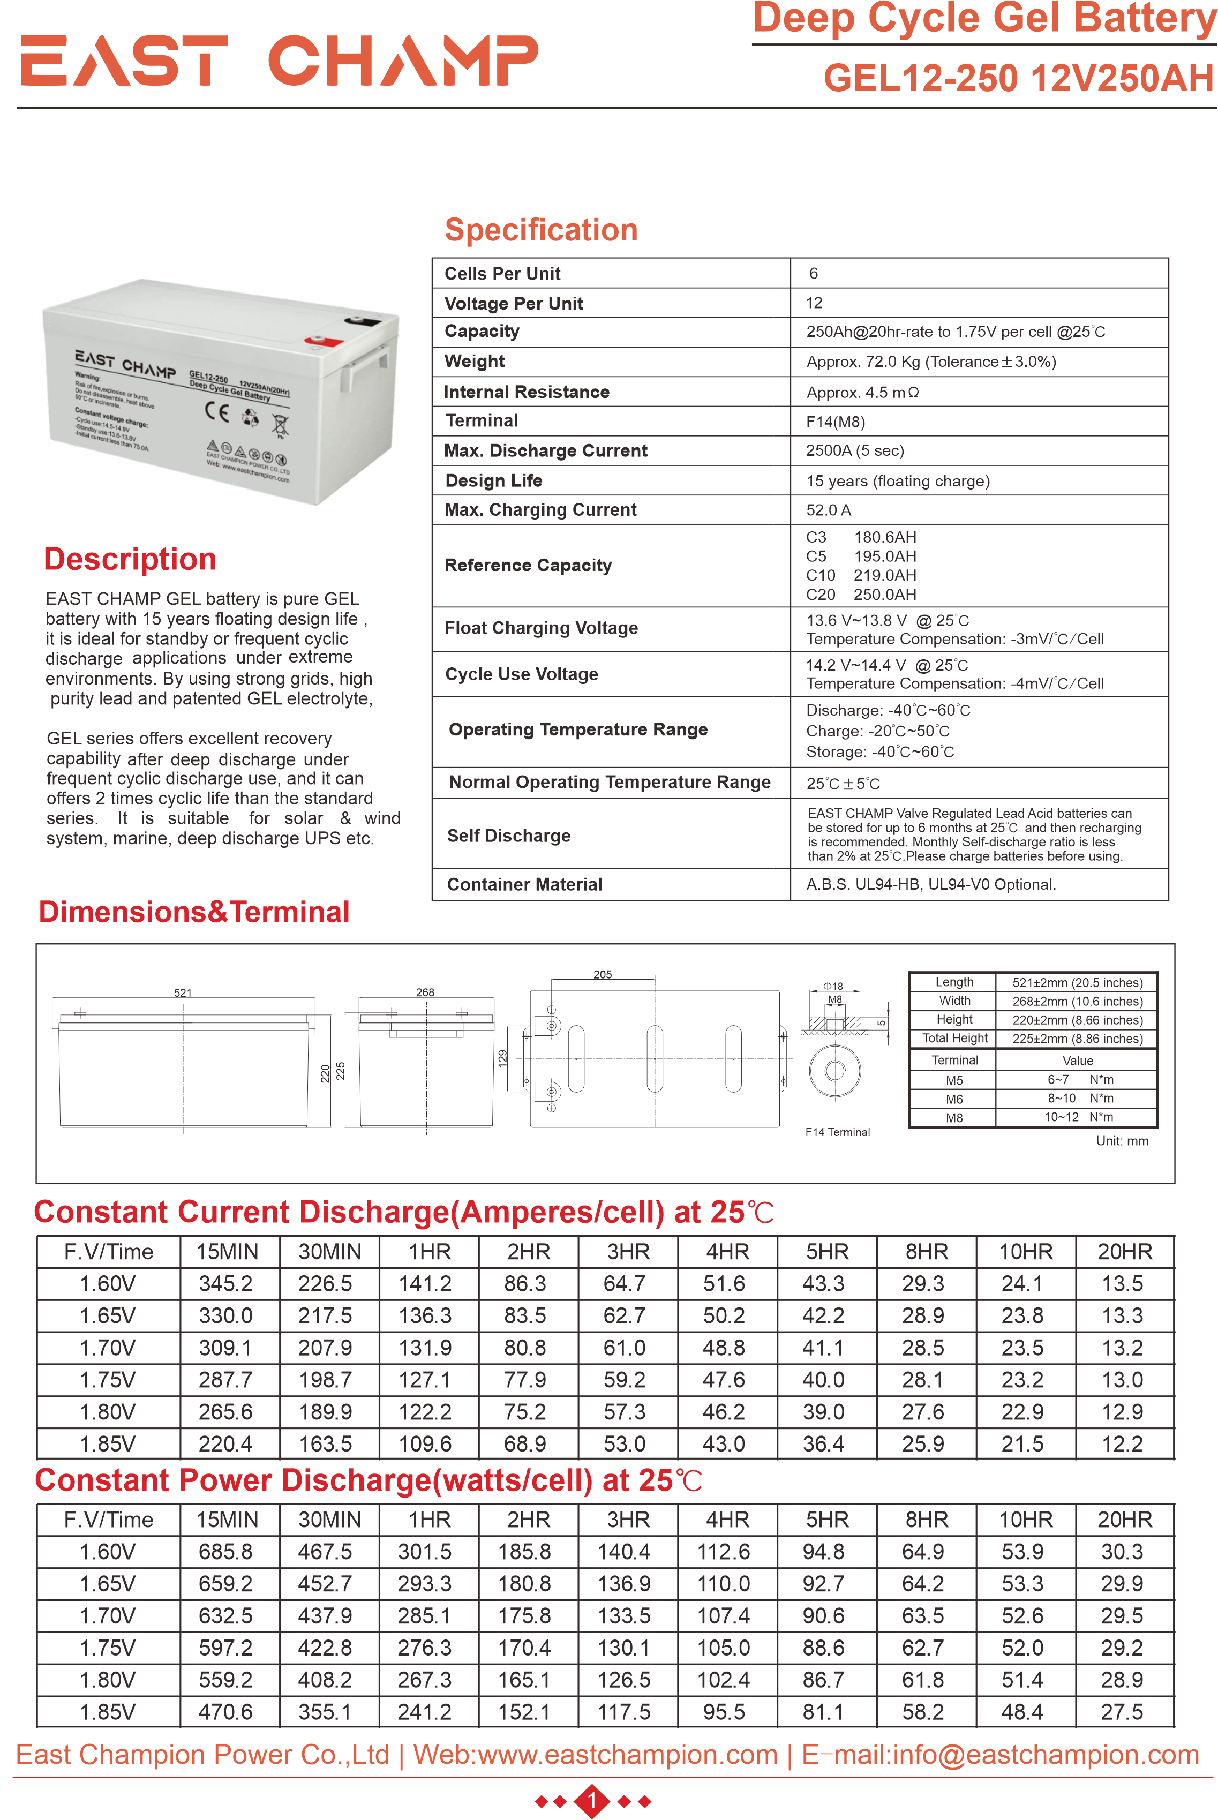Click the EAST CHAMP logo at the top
coord(279,60)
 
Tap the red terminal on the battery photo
coord(323,340)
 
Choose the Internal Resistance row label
coord(527,392)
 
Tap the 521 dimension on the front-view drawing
coord(183,992)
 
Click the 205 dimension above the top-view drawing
coord(603,974)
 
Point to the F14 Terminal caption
coord(837,1132)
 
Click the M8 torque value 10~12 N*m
coord(1078,1117)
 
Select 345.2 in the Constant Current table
coord(225,1284)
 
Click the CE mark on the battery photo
coord(217,411)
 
